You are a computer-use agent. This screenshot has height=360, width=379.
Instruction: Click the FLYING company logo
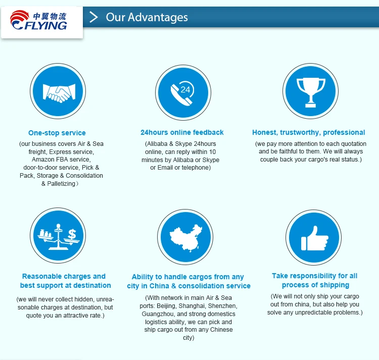click(39, 21)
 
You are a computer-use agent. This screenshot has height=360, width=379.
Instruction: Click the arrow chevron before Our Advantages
click(93, 17)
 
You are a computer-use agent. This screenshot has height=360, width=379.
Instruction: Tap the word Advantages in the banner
click(158, 17)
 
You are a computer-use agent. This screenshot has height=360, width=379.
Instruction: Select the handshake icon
click(59, 93)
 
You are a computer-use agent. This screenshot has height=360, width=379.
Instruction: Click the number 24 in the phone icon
click(185, 89)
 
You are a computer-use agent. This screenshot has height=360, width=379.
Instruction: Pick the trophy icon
click(311, 92)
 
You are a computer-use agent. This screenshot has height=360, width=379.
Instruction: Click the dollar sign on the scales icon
click(72, 234)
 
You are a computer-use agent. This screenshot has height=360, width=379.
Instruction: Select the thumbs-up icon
click(315, 238)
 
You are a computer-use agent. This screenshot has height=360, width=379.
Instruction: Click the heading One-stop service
click(57, 133)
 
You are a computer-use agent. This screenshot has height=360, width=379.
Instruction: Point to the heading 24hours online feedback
click(182, 132)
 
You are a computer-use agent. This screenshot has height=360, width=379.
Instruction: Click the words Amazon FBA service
click(61, 160)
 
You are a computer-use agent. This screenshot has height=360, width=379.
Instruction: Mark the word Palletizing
click(61, 184)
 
